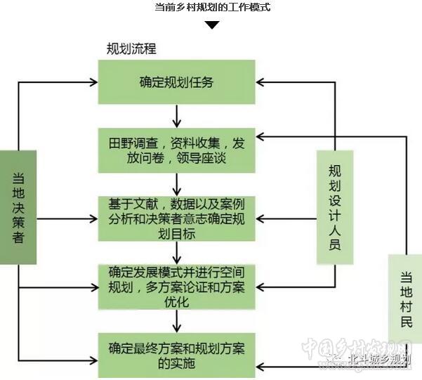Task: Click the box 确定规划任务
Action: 176,82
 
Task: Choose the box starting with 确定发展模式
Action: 176,287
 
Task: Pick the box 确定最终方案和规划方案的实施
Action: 176,355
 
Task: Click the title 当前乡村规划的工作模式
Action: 211,8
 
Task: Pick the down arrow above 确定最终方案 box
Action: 176,322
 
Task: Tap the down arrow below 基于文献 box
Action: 176,251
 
